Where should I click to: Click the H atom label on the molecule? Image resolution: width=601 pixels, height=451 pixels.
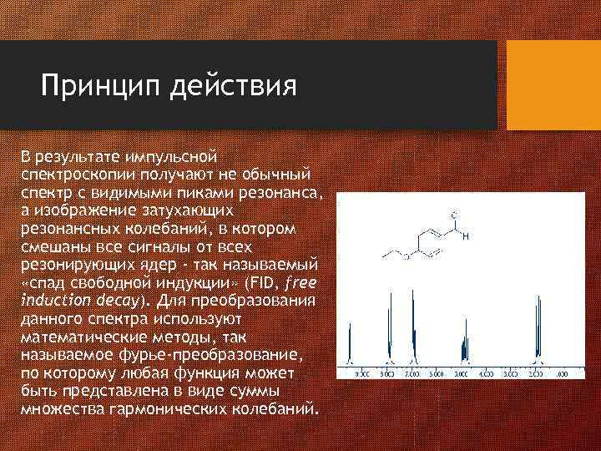(x=465, y=237)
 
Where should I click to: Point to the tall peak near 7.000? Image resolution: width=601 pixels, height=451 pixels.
(x=414, y=330)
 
